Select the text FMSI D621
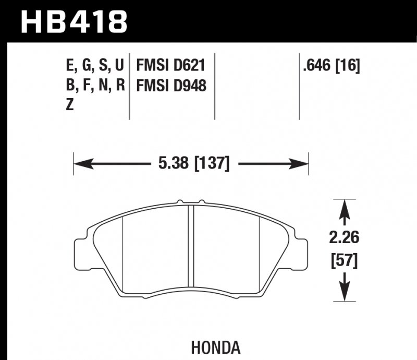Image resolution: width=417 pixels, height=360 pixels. [x=171, y=66]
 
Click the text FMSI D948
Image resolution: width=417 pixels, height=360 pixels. [x=171, y=86]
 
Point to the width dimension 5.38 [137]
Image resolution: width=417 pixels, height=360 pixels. [x=193, y=164]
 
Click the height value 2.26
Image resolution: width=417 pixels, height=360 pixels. [x=344, y=238]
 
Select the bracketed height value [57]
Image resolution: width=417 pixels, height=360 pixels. [x=344, y=259]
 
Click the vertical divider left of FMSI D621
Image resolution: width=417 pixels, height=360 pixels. [x=129, y=86]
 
